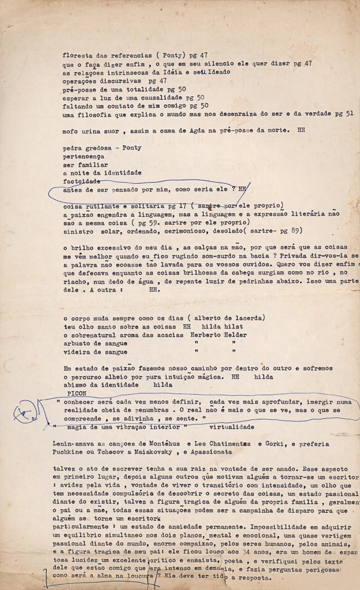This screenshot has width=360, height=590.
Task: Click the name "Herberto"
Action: pyautogui.click(x=223, y=335)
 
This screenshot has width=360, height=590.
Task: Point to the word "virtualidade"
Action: pyautogui.click(x=232, y=428)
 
